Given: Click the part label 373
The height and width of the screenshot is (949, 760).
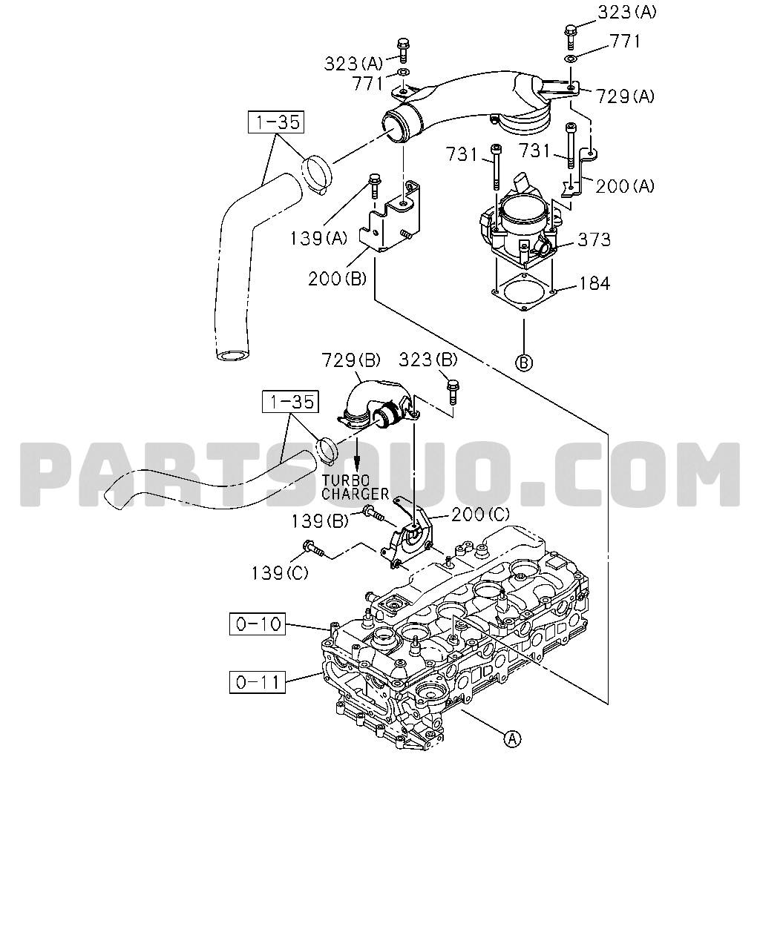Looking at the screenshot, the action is click(594, 239).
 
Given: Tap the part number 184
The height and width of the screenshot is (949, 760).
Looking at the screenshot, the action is click(594, 283).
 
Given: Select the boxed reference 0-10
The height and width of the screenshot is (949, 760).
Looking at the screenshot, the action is click(258, 624).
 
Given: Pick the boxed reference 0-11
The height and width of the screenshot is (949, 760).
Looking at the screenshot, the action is click(258, 682).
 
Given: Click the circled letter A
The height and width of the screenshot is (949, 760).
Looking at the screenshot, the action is click(512, 738).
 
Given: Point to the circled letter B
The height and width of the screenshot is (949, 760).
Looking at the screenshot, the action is click(524, 363).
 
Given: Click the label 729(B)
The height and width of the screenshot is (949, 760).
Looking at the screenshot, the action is click(350, 360).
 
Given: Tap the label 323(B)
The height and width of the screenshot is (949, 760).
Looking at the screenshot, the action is click(428, 360).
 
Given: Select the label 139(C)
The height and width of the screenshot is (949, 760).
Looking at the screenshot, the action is click(280, 573).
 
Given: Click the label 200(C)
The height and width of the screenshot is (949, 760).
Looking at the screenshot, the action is click(480, 515).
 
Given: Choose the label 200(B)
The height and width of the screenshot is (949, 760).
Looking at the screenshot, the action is click(338, 279).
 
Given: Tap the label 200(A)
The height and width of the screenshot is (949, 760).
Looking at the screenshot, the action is click(625, 187).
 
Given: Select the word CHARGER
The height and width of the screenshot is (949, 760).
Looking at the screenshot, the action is click(355, 494).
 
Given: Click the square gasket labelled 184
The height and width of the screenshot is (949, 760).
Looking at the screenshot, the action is click(524, 291).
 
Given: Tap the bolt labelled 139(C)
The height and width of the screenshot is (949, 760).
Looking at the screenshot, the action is click(313, 549).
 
